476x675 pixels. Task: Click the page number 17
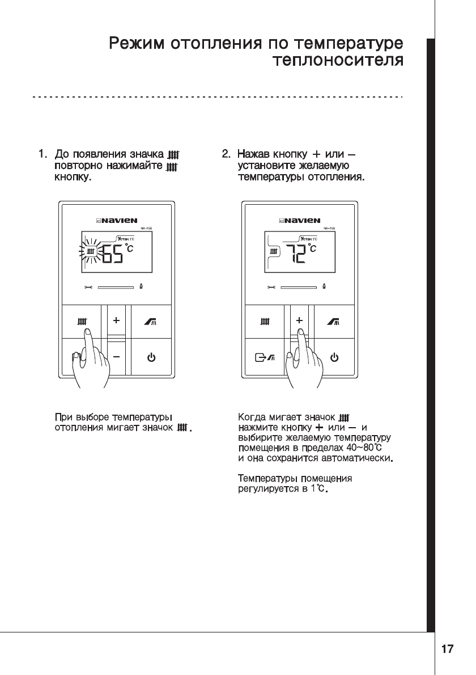(447, 649)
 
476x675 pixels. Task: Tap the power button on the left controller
(151, 357)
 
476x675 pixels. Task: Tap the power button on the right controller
(334, 357)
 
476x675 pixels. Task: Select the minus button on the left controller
(116, 357)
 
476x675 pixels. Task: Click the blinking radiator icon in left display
(91, 251)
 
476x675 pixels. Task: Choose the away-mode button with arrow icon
(265, 357)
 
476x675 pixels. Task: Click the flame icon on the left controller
(141, 287)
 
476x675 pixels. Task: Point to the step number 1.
(41, 154)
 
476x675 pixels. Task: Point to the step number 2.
(226, 154)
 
